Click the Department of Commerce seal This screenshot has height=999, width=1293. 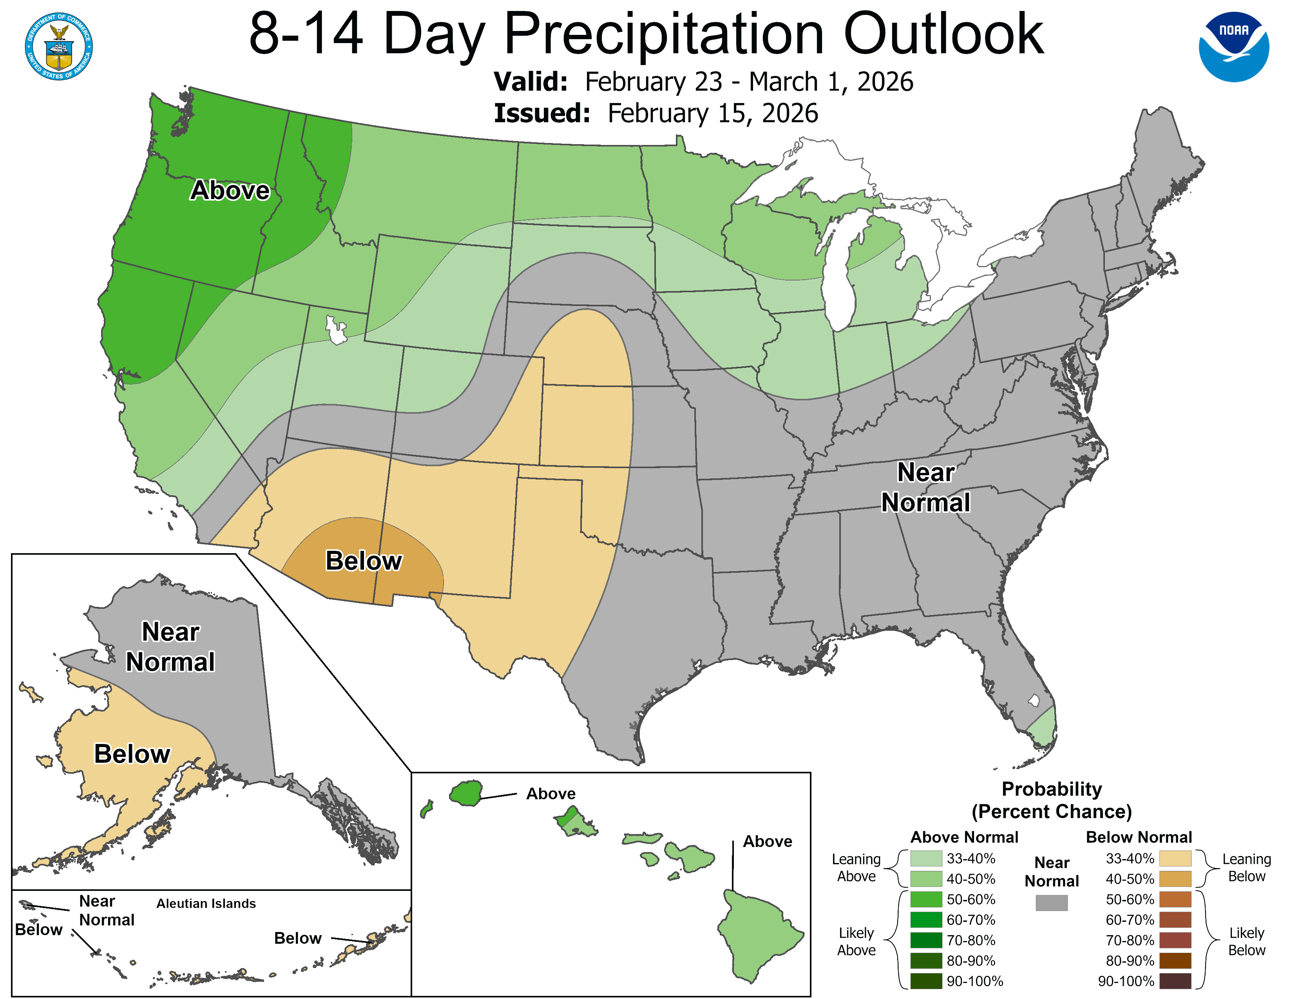click(59, 46)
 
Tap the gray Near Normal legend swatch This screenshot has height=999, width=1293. click(1052, 903)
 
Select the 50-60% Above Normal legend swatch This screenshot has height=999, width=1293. click(926, 899)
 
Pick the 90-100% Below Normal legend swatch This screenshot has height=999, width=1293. click(1175, 981)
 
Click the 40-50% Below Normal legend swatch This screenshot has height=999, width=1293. click(1175, 879)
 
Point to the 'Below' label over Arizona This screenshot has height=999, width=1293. click(364, 561)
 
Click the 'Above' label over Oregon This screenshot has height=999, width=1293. click(230, 190)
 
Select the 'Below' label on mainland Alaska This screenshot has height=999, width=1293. click(132, 755)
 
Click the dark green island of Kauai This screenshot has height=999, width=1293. click(466, 793)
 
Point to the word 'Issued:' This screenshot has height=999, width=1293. click(542, 114)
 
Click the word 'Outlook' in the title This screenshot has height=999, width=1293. click(943, 34)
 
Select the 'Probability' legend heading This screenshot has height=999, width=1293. click(1052, 789)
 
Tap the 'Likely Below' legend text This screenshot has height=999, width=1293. click(1246, 941)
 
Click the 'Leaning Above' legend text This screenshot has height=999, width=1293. click(856, 868)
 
